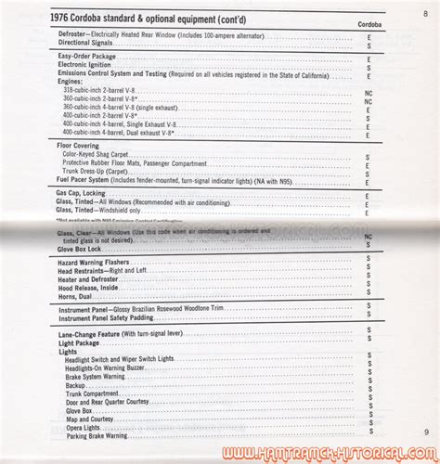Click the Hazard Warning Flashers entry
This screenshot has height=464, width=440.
tap(88, 264)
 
